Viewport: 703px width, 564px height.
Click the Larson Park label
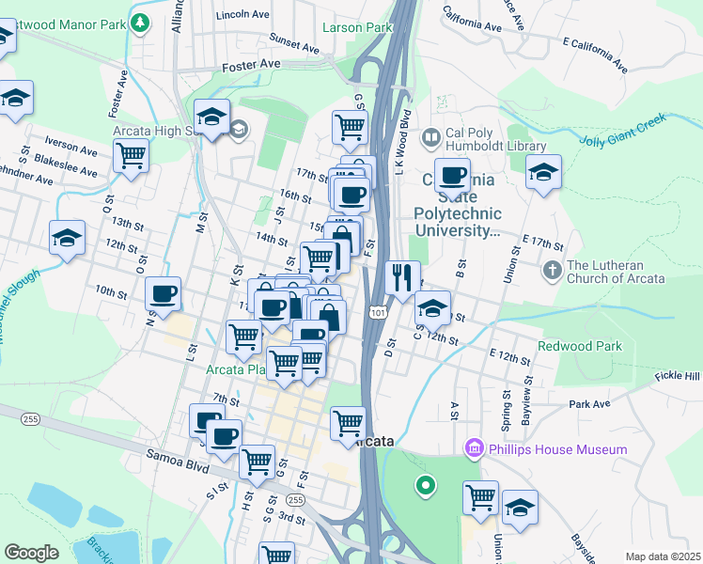[356, 27]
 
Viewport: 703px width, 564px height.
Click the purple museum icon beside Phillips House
[474, 449]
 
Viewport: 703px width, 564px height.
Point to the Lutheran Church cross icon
[552, 271]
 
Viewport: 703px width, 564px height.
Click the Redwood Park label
[580, 346]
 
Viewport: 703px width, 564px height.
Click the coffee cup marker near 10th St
[164, 293]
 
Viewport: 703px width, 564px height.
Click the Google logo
[31, 553]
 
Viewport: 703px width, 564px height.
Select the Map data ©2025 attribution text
[663, 556]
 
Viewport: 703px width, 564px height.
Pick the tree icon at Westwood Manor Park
[141, 21]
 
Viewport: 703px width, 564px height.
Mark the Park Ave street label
[589, 404]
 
